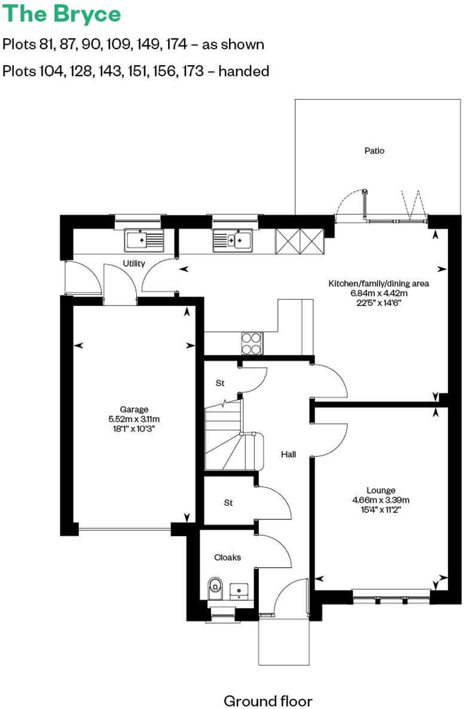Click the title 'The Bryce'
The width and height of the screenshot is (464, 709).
point(62,14)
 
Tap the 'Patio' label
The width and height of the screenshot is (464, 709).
point(374,151)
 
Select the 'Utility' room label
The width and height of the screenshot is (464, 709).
point(134,264)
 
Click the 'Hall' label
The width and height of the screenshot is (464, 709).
point(289,454)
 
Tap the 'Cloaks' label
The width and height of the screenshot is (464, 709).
point(228,557)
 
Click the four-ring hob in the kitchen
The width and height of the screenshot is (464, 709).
point(252,343)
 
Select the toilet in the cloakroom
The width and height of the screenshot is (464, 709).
point(215,589)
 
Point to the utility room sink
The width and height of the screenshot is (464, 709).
point(144,240)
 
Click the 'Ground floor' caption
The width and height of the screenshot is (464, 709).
point(268,701)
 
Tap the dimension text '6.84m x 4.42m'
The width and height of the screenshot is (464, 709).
point(378,293)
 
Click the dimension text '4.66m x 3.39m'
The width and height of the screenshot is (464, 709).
point(381,500)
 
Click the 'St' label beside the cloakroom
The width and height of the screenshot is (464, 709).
point(228,503)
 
